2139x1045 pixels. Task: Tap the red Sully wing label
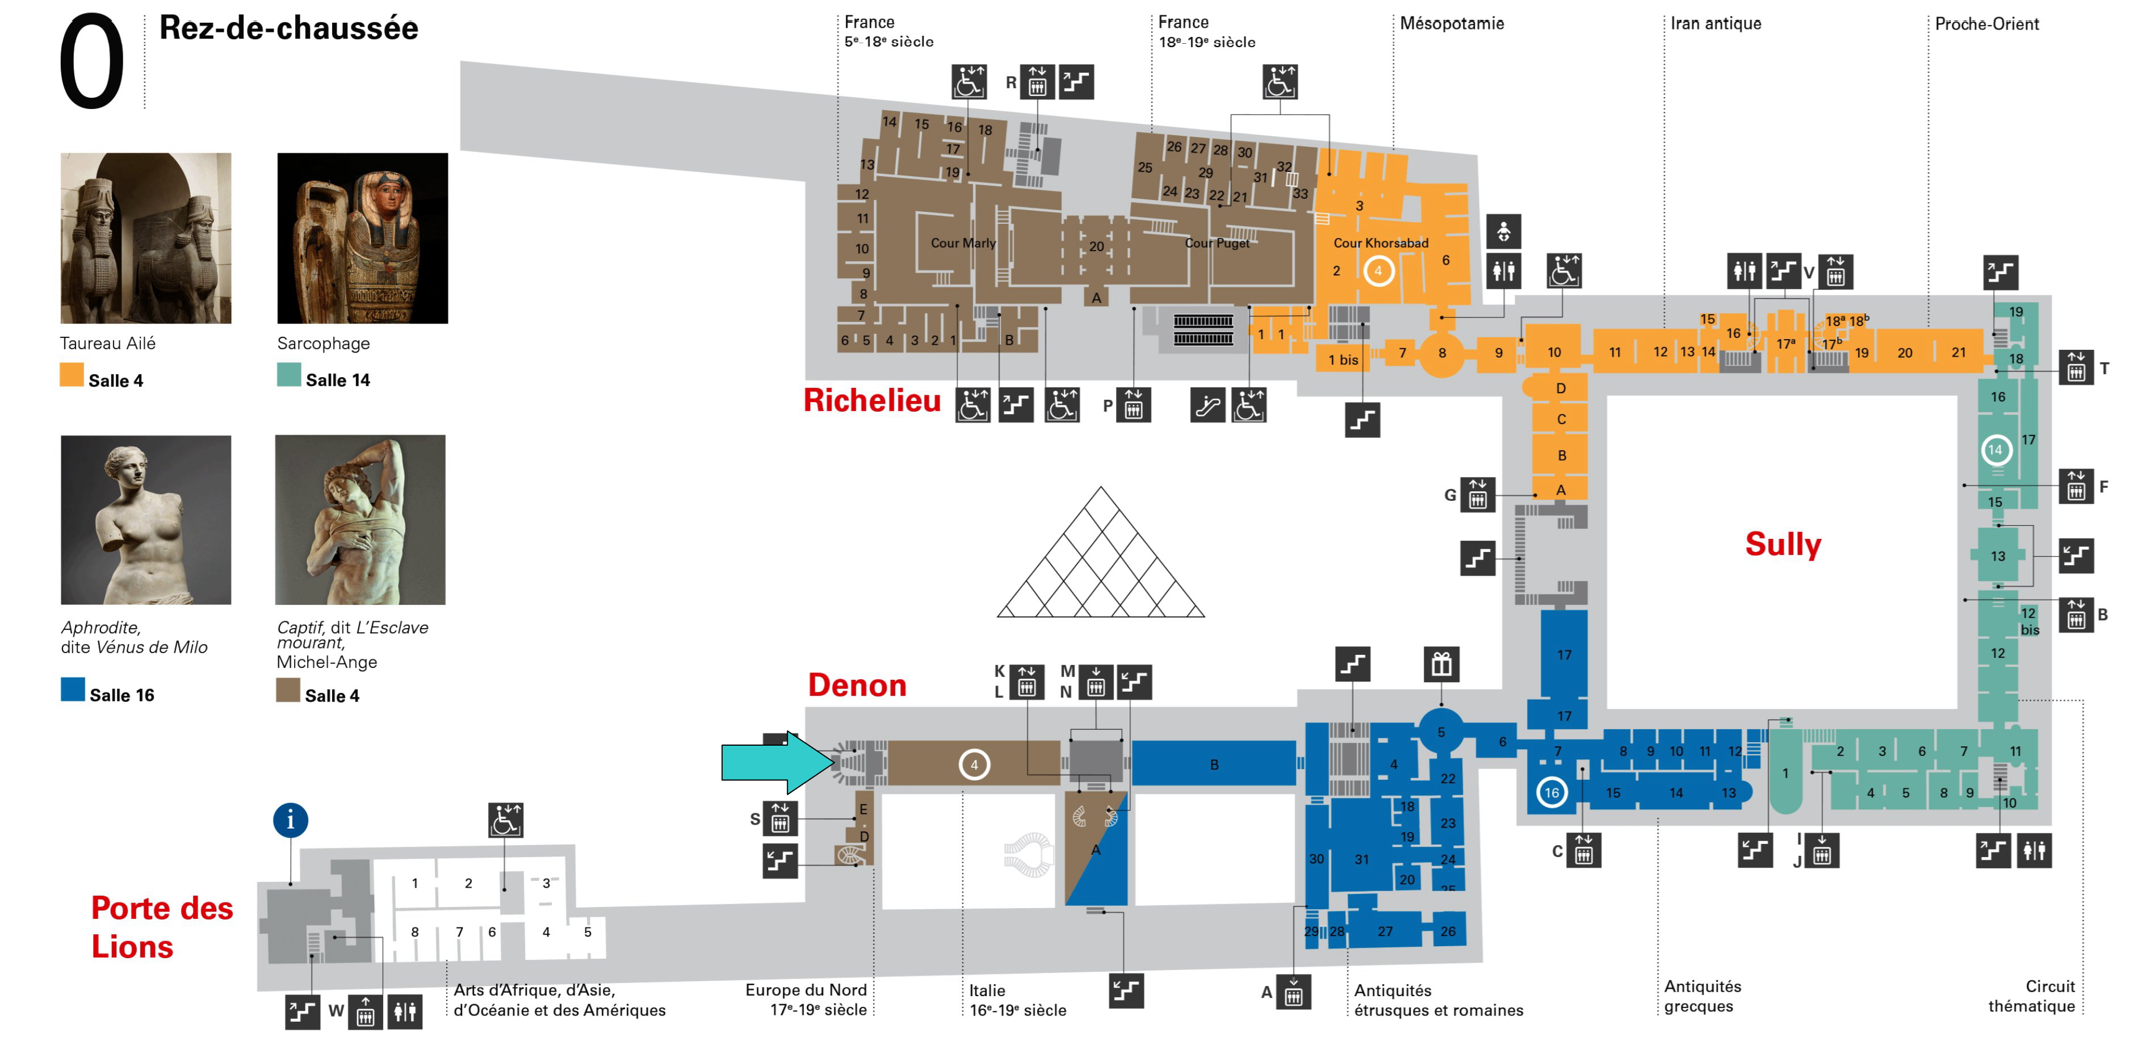(1782, 544)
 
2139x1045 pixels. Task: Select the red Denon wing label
(857, 685)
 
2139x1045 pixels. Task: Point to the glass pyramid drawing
(1100, 561)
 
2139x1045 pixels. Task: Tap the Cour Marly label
(962, 243)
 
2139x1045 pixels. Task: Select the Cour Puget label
(1217, 243)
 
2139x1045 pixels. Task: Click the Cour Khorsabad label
(1380, 243)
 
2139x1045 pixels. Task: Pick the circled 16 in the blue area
(1551, 792)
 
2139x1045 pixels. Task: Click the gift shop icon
(1441, 664)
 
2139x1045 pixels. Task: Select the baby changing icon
(1504, 232)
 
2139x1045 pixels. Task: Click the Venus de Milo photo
(146, 520)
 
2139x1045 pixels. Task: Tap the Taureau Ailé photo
(146, 239)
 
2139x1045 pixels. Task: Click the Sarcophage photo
(362, 239)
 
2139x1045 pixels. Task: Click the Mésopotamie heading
(1452, 23)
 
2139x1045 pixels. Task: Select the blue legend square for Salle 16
(72, 690)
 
